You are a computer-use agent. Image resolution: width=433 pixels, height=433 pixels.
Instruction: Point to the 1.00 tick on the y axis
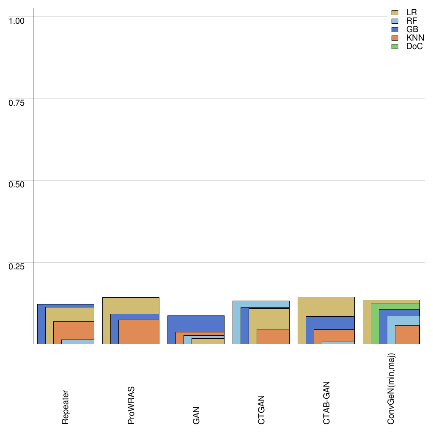tap(17, 20)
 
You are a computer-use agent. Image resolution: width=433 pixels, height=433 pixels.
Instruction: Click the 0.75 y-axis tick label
tap(17, 102)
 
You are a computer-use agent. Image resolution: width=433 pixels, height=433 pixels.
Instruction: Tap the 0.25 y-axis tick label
tap(17, 266)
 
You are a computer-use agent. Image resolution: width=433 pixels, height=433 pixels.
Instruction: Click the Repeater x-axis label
tap(66, 407)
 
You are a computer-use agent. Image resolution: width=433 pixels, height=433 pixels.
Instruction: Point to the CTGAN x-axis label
tap(261, 409)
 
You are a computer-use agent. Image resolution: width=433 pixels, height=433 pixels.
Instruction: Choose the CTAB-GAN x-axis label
tap(326, 403)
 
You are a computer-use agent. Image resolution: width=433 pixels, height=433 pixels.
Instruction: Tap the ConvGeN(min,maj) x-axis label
tap(392, 389)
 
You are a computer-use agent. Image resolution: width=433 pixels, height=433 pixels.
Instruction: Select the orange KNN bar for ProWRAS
tap(139, 332)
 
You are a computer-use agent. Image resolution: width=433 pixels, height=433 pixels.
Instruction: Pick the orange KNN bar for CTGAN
tap(273, 337)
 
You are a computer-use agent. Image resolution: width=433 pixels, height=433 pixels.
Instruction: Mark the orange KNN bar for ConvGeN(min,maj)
tap(407, 334)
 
